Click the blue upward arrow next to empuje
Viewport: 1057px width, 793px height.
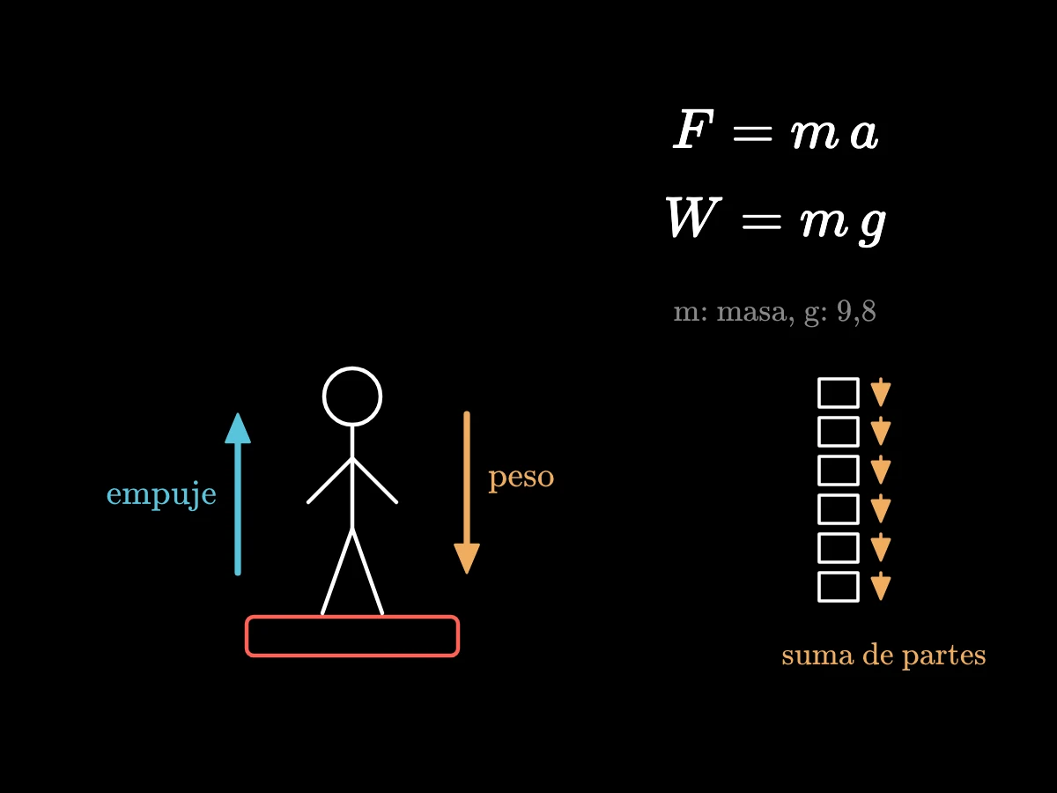pyautogui.click(x=238, y=493)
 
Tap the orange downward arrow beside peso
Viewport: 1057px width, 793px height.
pyautogui.click(x=467, y=493)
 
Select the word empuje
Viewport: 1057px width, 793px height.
pyautogui.click(x=161, y=495)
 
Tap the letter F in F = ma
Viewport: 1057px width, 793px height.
pyautogui.click(x=693, y=129)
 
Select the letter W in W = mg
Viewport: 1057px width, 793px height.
pyautogui.click(x=693, y=217)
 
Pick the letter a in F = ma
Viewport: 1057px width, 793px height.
pyautogui.click(x=864, y=134)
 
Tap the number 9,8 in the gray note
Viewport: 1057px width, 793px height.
pyautogui.click(x=856, y=312)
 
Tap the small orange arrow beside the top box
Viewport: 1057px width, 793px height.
pyautogui.click(x=881, y=392)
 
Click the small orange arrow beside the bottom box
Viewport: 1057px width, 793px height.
pyautogui.click(x=881, y=586)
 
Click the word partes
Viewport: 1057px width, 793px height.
pyautogui.click(x=944, y=656)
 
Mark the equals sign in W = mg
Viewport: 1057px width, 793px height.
pyautogui.click(x=761, y=222)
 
